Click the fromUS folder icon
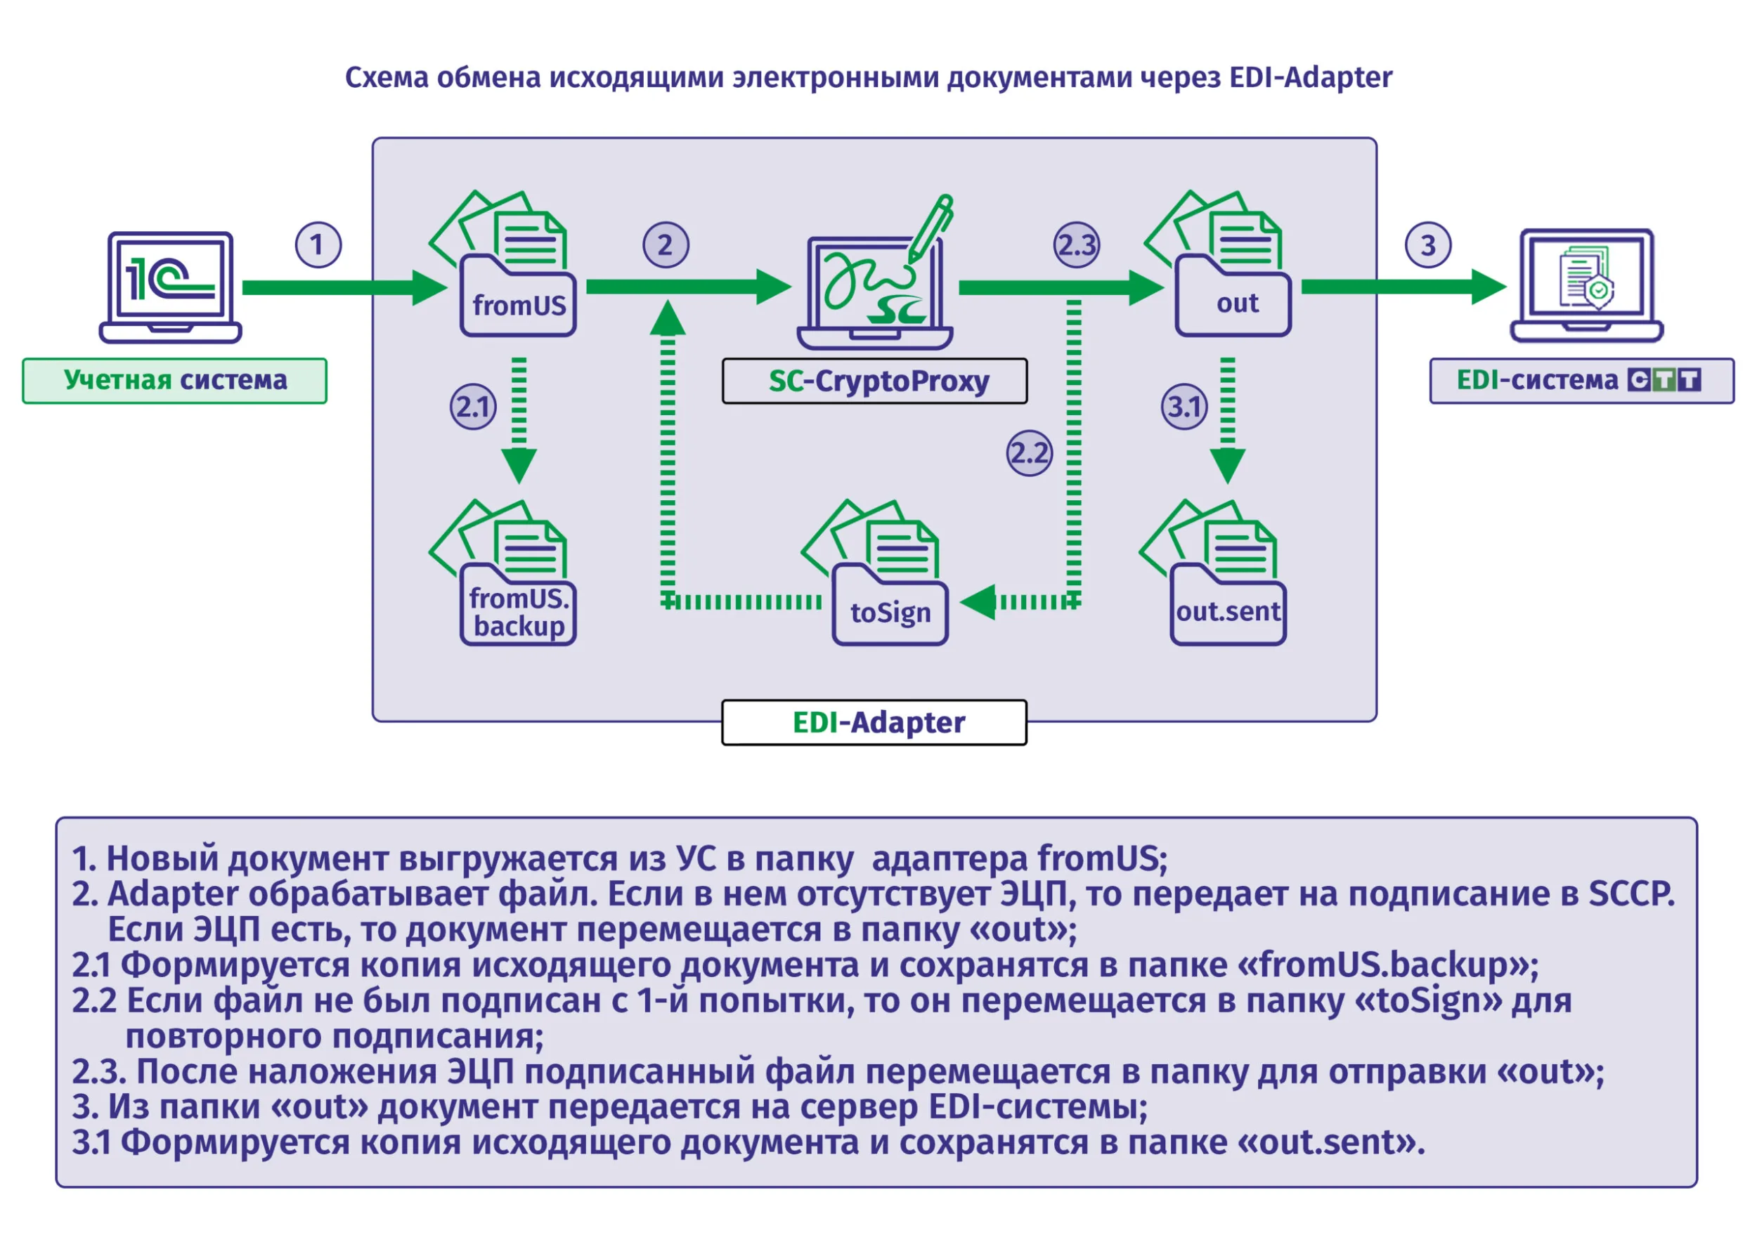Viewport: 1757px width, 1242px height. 505,264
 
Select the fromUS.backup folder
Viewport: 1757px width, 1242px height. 505,574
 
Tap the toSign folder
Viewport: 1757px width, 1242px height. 877,574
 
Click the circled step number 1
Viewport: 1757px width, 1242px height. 318,244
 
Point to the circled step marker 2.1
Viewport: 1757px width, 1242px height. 473,406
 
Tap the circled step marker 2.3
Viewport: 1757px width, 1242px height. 1077,244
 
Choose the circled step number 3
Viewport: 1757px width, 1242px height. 1428,244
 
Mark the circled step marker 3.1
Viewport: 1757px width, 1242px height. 1185,406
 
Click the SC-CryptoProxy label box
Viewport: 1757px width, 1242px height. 875,381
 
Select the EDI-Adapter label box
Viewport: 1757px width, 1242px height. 875,722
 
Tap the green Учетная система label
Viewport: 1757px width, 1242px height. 174,381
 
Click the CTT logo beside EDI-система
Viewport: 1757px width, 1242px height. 1664,380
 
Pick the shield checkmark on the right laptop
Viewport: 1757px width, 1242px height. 1599,292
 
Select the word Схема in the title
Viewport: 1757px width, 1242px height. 387,77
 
